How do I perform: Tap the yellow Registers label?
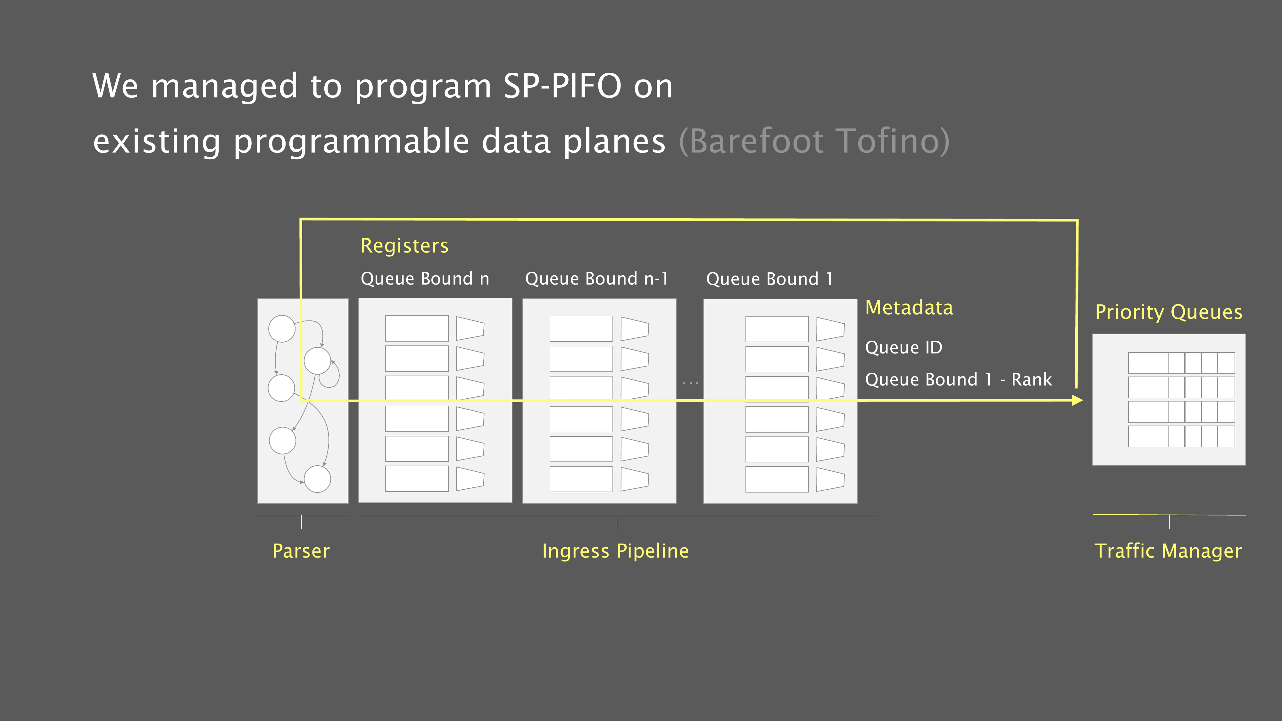[404, 246]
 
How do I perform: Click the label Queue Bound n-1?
[596, 279]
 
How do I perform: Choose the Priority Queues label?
[1169, 312]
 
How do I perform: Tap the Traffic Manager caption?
[1168, 551]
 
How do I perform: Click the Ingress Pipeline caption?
[616, 551]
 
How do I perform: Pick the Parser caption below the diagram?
[301, 551]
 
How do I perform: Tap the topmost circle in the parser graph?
[282, 329]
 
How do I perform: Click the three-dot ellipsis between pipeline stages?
[691, 383]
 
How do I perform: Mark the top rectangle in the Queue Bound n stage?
[417, 328]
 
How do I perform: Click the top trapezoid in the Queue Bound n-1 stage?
[635, 329]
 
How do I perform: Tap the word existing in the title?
[156, 141]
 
